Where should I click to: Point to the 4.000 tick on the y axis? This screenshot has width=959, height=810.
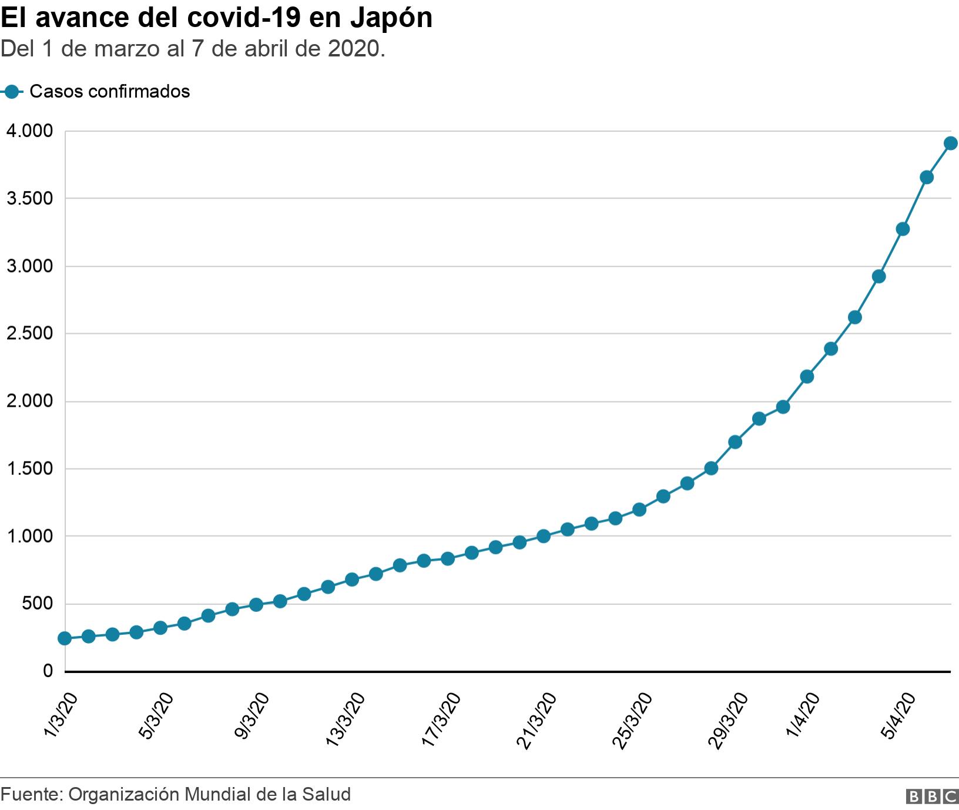[x=29, y=131]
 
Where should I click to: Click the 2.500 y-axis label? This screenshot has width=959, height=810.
[x=29, y=334]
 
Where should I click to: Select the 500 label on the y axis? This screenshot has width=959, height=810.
[x=38, y=604]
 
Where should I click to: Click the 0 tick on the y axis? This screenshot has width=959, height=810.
[x=48, y=671]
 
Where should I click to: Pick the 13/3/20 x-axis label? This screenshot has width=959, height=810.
[x=346, y=719]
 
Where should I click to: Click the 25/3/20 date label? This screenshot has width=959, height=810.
[x=633, y=719]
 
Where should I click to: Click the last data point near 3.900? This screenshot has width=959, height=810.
[x=951, y=143]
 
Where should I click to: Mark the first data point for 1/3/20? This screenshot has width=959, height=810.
[x=65, y=638]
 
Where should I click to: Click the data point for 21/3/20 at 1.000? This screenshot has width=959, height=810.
[x=544, y=536]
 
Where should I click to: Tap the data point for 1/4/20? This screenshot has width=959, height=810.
[x=807, y=376]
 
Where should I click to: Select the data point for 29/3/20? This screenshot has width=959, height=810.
[x=735, y=442]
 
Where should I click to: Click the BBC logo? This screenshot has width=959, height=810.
[x=933, y=796]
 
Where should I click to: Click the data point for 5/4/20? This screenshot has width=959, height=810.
[x=903, y=229]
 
